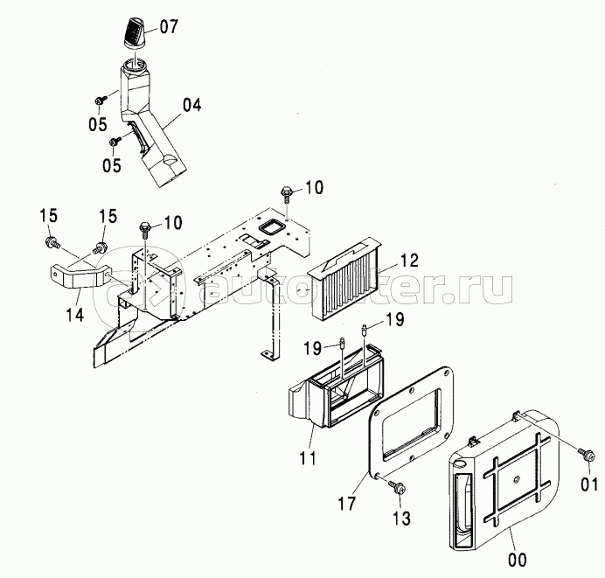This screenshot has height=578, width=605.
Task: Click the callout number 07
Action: pos(168,27)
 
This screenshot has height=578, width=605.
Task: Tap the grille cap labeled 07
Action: pos(135,33)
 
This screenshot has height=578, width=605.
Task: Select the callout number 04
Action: pos(191,106)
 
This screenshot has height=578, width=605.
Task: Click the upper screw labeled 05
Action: pos(100,101)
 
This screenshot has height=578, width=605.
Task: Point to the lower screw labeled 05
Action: pos(115,141)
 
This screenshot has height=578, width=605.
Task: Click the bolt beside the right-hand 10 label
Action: pos(287,193)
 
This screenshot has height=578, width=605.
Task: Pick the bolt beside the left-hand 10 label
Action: pos(145,229)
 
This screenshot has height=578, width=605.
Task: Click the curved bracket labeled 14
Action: pos(79,273)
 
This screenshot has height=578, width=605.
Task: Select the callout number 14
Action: pos(75,315)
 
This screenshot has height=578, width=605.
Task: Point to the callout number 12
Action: pos(409,261)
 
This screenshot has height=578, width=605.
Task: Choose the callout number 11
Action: pos(308,458)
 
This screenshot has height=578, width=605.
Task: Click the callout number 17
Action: pos(347,503)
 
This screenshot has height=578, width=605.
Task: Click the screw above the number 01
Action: pos(585,454)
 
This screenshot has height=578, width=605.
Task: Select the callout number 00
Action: pos(517,560)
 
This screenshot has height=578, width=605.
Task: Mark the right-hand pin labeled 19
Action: pos(365,331)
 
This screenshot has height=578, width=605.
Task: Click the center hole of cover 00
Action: pos(517,479)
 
